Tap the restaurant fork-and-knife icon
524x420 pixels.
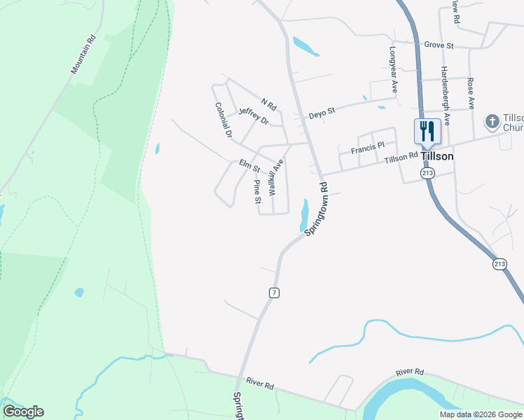point(426,131)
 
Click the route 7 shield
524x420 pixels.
point(274,293)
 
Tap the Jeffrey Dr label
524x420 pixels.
point(253,115)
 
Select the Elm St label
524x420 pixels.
point(249,166)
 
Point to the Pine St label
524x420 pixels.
point(257,188)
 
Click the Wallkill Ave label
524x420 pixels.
point(275,176)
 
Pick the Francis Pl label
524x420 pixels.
point(368,148)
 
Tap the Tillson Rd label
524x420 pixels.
point(401,158)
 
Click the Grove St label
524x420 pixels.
point(439,45)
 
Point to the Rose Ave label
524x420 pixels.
point(471,93)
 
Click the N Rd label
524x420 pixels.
point(269,103)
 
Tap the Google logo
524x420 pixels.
point(23,412)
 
